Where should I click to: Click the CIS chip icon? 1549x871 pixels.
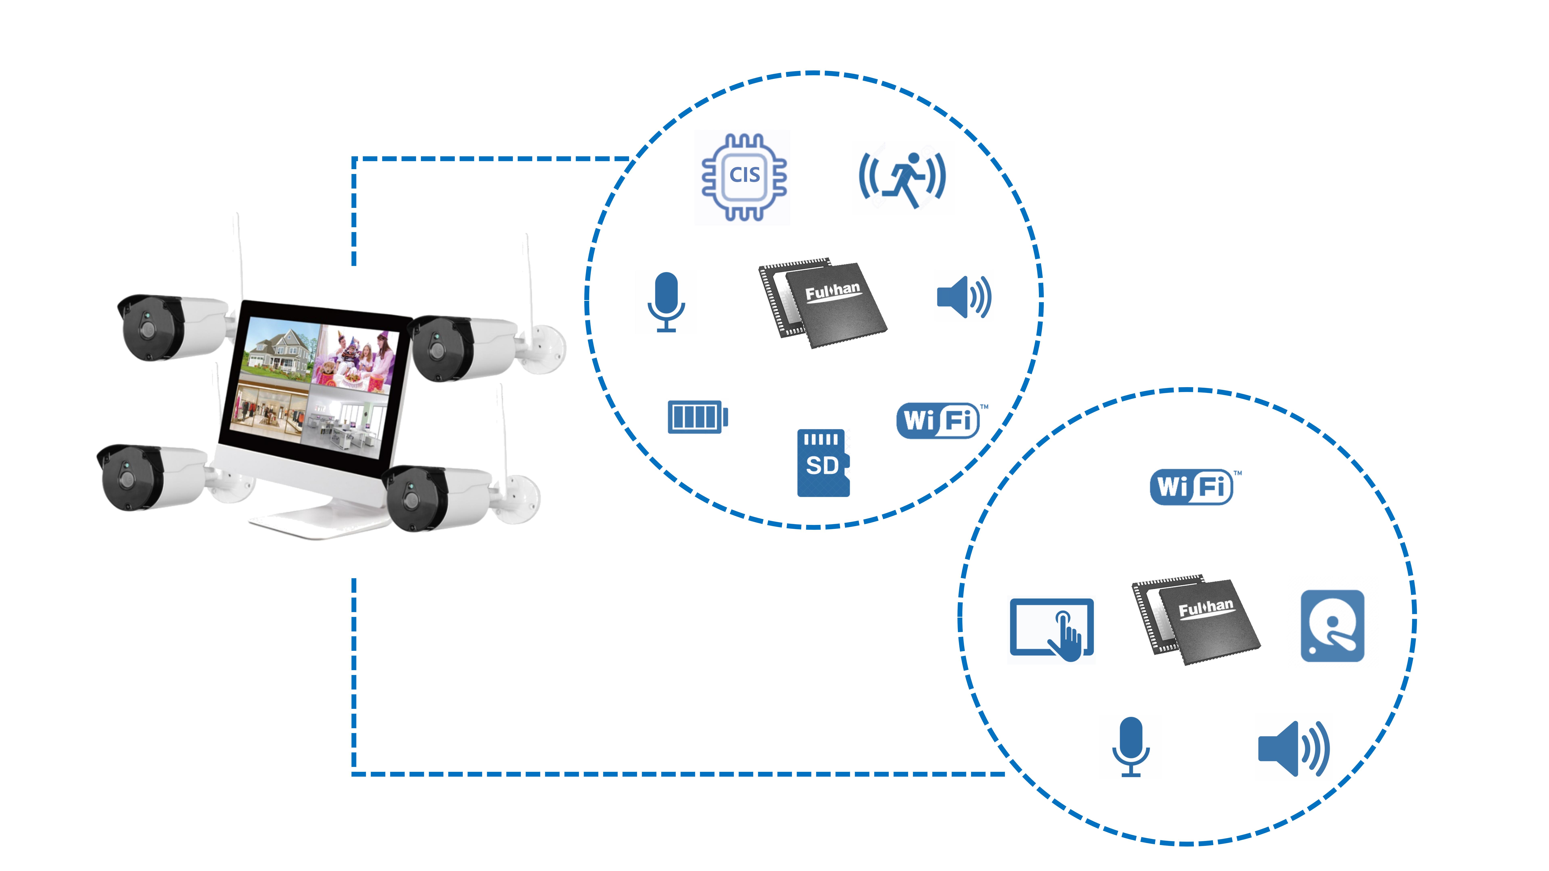pyautogui.click(x=744, y=177)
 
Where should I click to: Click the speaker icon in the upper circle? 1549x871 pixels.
pyautogui.click(x=963, y=297)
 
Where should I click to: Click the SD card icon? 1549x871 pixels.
pyautogui.click(x=823, y=463)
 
